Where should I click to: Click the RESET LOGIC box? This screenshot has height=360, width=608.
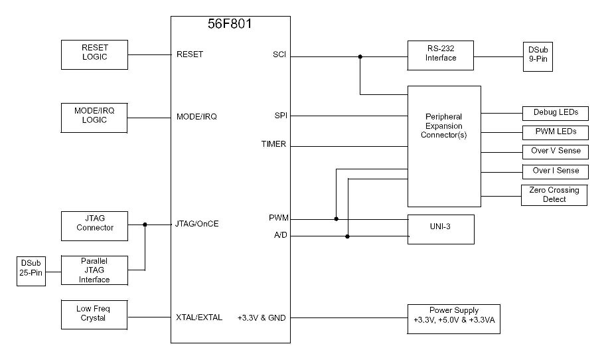coord(94,54)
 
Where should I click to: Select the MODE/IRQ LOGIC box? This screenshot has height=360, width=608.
coord(94,118)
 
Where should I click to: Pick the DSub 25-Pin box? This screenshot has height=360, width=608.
coord(31,271)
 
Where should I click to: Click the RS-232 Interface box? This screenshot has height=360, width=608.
coord(441,54)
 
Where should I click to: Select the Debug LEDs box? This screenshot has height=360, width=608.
coord(555,112)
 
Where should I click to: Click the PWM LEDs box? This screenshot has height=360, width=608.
coord(555,132)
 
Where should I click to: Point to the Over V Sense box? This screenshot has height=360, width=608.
coord(555,151)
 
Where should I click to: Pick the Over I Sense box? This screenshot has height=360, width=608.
coord(555,171)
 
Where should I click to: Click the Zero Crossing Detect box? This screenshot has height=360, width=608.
coord(554,195)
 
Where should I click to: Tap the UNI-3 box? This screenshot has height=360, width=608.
coord(441,229)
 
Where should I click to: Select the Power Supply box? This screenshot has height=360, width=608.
coord(454,315)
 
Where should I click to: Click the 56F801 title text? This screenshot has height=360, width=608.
coord(230,25)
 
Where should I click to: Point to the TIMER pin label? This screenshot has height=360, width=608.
coord(273,144)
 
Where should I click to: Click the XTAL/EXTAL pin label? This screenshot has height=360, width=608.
coord(199,317)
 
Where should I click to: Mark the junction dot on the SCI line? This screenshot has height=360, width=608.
coord(360,56)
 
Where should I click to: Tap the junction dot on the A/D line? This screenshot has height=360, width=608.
coord(347,236)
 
